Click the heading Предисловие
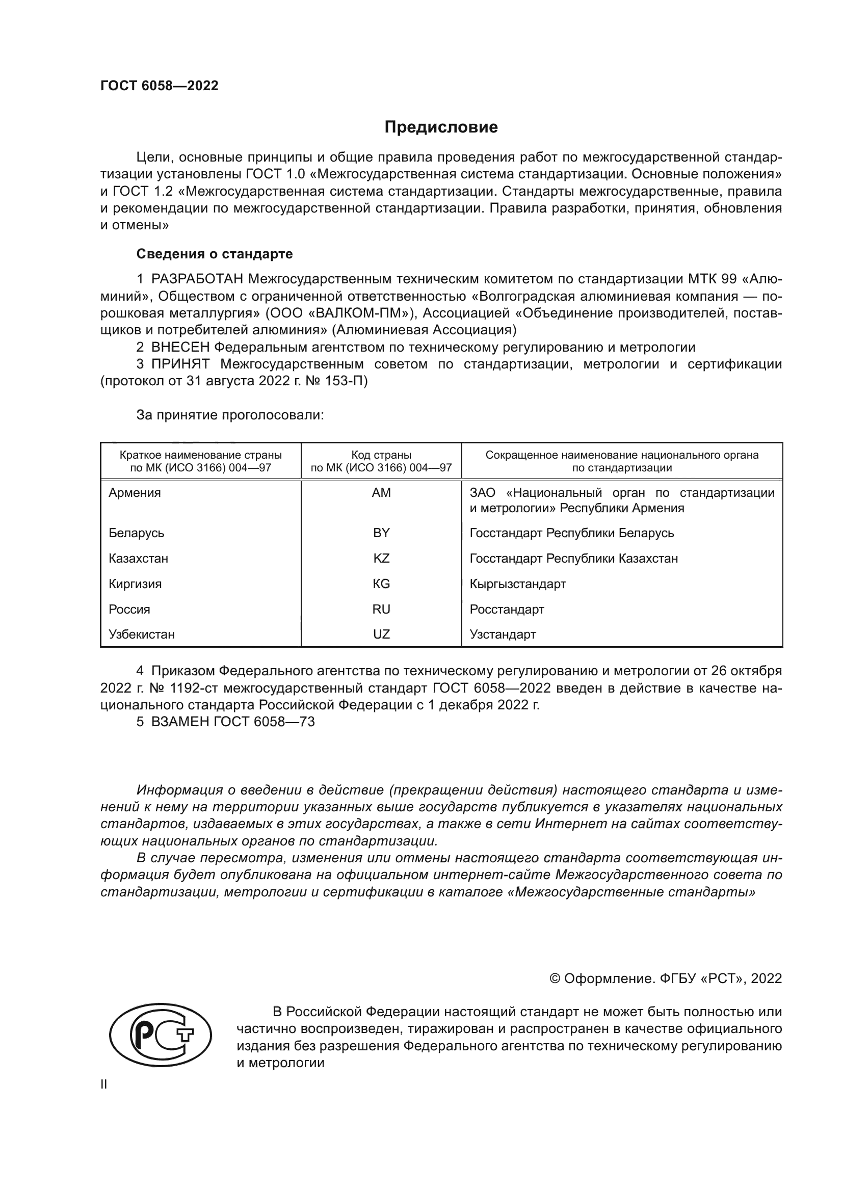441,127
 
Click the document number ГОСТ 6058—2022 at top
160,86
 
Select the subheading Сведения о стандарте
215,254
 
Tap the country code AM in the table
381,493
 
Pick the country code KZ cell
381,559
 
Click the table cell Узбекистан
142,634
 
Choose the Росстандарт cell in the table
507,609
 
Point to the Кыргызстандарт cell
517,584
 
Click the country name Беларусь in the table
137,533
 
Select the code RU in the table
381,609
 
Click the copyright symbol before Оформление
555,978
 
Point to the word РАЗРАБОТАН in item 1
197,279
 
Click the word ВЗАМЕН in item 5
180,722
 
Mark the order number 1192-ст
179,688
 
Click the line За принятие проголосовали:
230,415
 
